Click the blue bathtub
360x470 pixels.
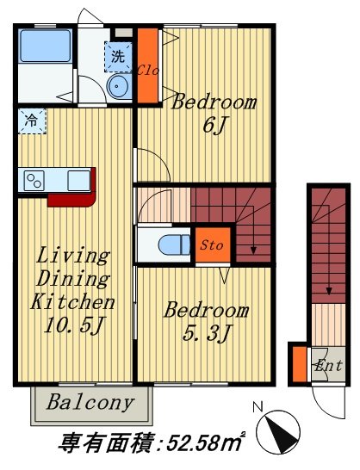tap(46, 46)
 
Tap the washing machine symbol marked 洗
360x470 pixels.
tap(118, 57)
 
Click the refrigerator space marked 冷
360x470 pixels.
tap(32, 121)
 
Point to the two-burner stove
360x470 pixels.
tap(34, 181)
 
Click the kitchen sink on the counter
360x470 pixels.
tap(79, 181)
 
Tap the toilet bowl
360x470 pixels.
tap(174, 244)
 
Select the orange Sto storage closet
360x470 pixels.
tap(213, 244)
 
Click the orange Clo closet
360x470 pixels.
tap(147, 65)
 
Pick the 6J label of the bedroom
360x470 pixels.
tap(214, 126)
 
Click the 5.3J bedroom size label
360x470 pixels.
tap(207, 333)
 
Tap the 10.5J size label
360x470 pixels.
tap(74, 325)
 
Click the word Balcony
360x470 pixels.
tap(90, 402)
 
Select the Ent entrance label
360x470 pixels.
tap(328, 365)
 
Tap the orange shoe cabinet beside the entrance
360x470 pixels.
tap(300, 364)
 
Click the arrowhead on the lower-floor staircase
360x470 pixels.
tap(329, 291)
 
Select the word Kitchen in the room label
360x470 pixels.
tap(72, 301)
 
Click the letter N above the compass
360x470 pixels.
tap(258, 407)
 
